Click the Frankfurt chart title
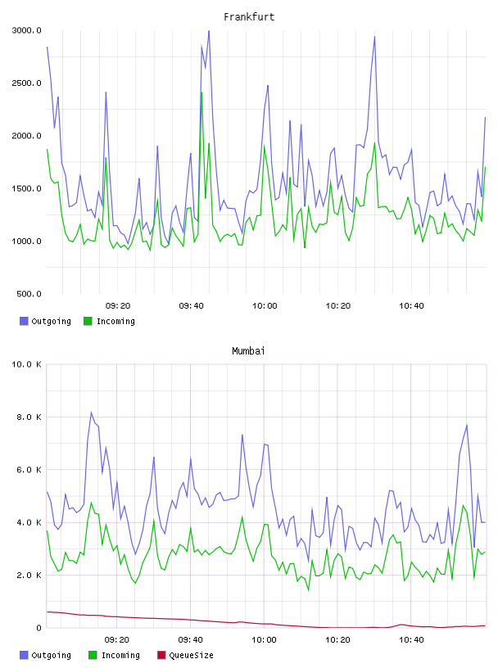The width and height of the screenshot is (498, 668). (x=249, y=17)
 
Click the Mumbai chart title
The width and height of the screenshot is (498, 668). (x=248, y=351)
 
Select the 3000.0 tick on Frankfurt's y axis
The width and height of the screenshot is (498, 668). (x=27, y=30)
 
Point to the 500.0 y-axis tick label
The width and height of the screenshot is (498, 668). (x=29, y=294)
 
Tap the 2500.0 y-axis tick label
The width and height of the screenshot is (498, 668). (x=27, y=83)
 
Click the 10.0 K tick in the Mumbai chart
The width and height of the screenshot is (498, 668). (x=26, y=364)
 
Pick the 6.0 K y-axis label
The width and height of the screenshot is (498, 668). (x=29, y=470)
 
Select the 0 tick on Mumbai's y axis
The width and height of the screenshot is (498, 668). (x=38, y=628)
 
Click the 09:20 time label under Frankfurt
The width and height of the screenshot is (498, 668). (x=118, y=306)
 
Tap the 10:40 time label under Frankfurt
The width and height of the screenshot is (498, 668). (x=411, y=306)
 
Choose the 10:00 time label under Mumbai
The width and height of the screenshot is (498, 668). (x=265, y=640)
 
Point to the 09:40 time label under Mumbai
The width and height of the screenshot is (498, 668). (x=191, y=640)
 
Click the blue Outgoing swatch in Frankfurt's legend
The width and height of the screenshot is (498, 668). (x=24, y=321)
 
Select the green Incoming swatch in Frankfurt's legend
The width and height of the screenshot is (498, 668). (x=88, y=321)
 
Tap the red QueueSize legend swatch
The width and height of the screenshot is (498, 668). (x=161, y=655)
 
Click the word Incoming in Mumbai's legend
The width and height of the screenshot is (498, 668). (x=120, y=655)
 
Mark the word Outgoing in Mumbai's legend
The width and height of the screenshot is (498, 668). (x=51, y=655)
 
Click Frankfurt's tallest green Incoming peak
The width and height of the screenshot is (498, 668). (x=201, y=93)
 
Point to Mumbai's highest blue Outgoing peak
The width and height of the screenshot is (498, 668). (x=91, y=412)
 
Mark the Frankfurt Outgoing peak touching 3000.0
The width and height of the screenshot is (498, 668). (x=209, y=30)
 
